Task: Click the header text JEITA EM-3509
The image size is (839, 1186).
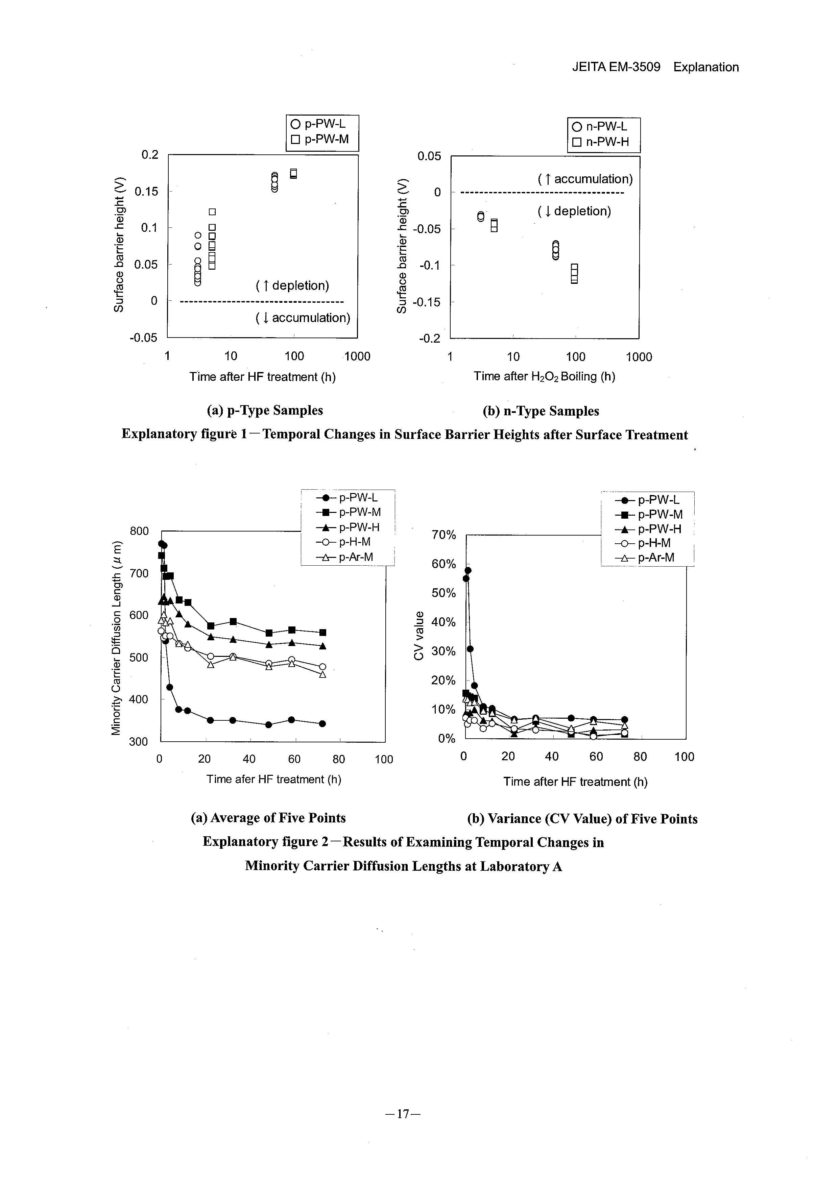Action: click(616, 67)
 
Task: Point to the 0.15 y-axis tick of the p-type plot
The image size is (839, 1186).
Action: click(146, 192)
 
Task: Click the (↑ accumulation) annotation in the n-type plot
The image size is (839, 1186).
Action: click(585, 179)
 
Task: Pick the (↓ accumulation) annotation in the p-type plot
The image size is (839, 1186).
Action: click(303, 318)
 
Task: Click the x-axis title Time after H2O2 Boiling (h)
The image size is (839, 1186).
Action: click(544, 376)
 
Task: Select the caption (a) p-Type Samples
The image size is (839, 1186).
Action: click(265, 410)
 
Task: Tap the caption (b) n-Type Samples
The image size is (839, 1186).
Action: click(541, 411)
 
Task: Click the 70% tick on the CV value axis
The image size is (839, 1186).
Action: click(444, 535)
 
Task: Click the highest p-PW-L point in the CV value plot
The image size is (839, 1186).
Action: click(468, 570)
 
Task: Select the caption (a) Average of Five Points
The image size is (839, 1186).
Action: click(268, 818)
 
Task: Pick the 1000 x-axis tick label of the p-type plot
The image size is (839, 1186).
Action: click(357, 356)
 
